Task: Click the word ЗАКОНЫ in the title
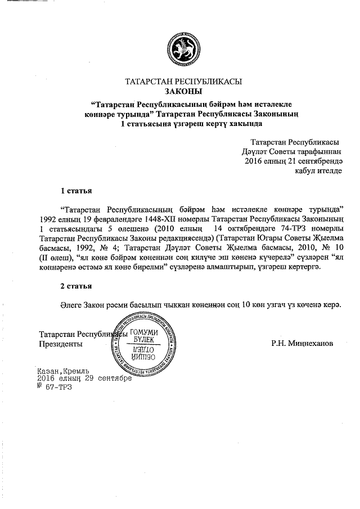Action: [x=183, y=91]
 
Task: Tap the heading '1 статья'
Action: [x=76, y=191]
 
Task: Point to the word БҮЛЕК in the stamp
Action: [x=144, y=341]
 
